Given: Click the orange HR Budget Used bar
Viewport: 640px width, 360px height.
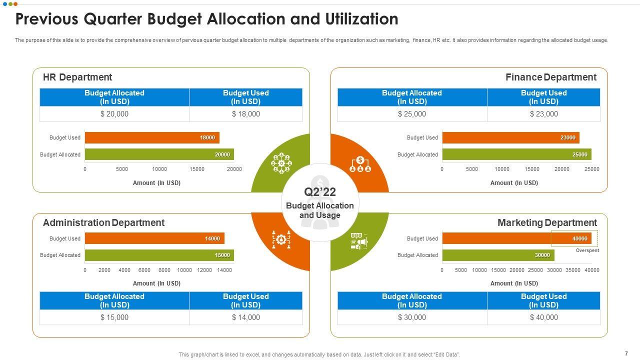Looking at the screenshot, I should [x=152, y=137].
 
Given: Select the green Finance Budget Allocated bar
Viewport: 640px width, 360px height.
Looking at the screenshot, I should [x=516, y=154].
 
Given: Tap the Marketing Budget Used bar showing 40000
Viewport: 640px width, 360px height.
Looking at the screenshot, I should [x=516, y=238].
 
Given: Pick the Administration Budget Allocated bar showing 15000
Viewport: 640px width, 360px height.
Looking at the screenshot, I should [x=159, y=255].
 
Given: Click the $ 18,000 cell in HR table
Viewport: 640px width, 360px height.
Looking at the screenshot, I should [x=246, y=114].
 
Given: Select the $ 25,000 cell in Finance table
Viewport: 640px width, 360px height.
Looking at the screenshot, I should [x=412, y=114].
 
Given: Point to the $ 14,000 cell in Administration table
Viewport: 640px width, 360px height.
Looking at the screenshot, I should [x=246, y=317].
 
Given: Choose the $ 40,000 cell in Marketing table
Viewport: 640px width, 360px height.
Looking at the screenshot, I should [x=544, y=317].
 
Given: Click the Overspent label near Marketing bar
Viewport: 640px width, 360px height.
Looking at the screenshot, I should [x=587, y=250].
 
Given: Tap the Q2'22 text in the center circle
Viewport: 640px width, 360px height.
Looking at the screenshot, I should [x=320, y=192].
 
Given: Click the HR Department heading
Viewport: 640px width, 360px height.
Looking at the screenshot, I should [x=77, y=77].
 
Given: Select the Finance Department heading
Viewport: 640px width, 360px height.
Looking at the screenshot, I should [x=550, y=77].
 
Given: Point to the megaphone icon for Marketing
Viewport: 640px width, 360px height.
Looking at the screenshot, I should [x=359, y=241].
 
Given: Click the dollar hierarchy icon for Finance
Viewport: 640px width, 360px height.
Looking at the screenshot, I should [x=360, y=163].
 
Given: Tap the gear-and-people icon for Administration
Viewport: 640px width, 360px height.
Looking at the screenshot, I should [x=281, y=240].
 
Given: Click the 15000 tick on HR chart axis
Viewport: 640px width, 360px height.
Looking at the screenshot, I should [x=197, y=169].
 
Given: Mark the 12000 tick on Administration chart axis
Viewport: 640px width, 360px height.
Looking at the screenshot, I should [x=204, y=270].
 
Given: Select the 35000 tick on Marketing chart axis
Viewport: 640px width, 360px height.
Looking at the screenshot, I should [x=573, y=270].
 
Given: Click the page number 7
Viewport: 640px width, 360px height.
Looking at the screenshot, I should [x=626, y=353].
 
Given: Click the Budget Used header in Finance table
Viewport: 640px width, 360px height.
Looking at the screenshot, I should [x=543, y=97].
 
